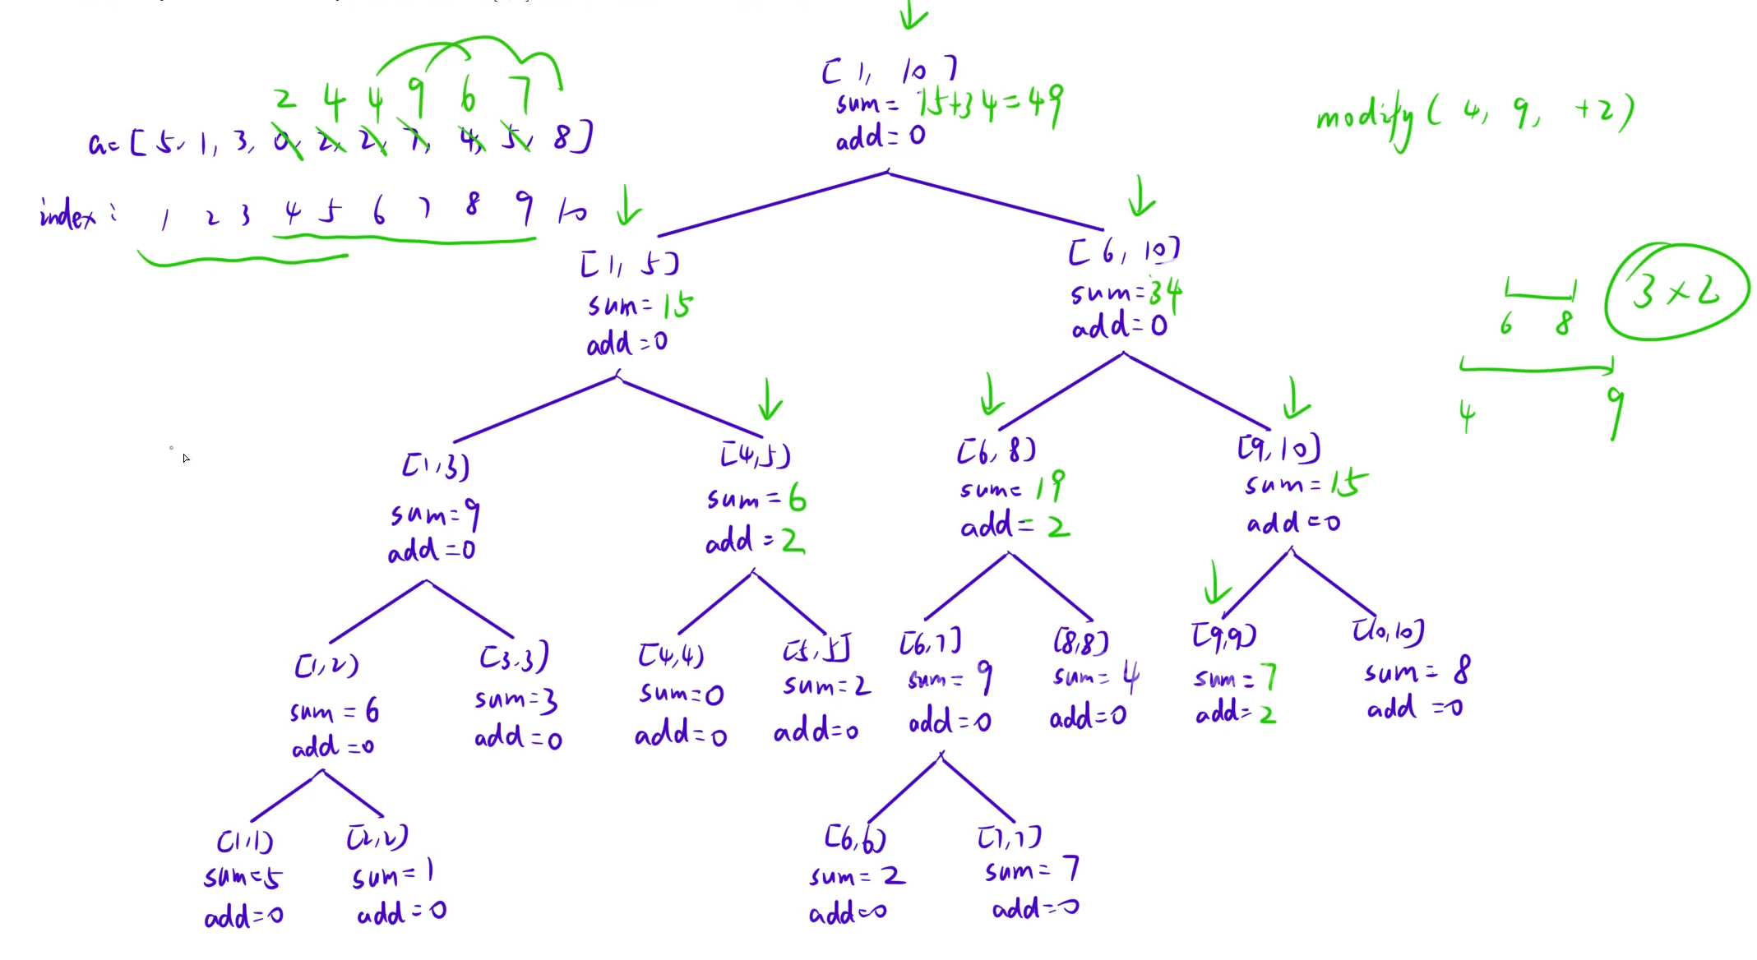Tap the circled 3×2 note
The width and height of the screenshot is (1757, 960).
coord(1677,291)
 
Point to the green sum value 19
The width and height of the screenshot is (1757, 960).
coord(1051,486)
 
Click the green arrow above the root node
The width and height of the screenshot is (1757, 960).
coord(913,14)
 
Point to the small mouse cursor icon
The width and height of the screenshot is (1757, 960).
coord(186,458)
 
